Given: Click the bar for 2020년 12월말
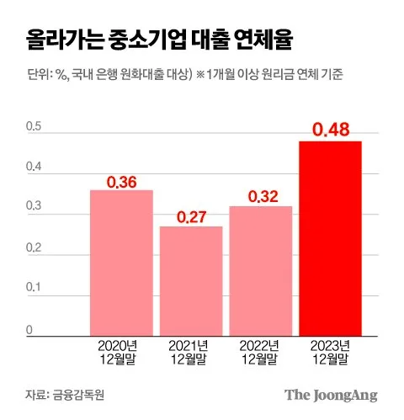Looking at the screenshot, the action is [121, 263].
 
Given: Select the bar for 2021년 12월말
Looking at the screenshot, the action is [191, 281].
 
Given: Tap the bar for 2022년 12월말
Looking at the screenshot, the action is [261, 271].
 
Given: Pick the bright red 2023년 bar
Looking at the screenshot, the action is [330, 238].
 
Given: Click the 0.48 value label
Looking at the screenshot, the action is [331, 130].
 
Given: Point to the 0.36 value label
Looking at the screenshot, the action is [122, 182].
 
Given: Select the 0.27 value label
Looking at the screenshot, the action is [192, 217].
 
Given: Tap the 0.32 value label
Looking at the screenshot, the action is [263, 196].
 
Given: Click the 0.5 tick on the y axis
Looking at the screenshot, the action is [34, 126].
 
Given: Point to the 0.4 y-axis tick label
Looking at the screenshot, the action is [34, 167].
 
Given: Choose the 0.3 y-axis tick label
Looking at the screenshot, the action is [34, 205].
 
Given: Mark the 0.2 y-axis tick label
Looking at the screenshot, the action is [34, 247].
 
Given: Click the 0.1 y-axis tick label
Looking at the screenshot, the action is [34, 287].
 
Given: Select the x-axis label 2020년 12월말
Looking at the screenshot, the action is [118, 353].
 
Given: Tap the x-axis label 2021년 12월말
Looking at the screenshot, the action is [189, 353].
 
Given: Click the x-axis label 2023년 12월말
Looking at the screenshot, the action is [330, 353].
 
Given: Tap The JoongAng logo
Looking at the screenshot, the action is [331, 396].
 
